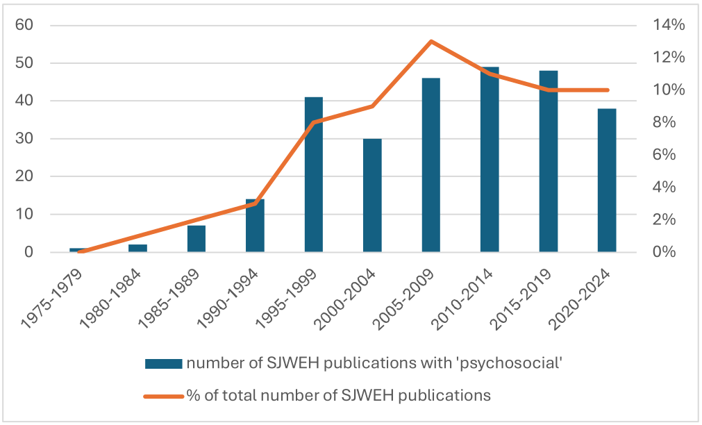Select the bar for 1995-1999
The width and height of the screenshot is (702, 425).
point(314,175)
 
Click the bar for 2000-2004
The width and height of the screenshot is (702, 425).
point(372,195)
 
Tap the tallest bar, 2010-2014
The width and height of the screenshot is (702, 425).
point(490,159)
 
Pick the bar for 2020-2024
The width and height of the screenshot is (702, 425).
point(607,181)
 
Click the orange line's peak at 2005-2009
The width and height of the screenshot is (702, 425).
point(431,42)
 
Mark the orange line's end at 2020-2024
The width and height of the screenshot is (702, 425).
point(608,90)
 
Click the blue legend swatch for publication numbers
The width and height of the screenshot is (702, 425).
point(163,363)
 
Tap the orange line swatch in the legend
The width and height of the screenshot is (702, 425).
point(163,396)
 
